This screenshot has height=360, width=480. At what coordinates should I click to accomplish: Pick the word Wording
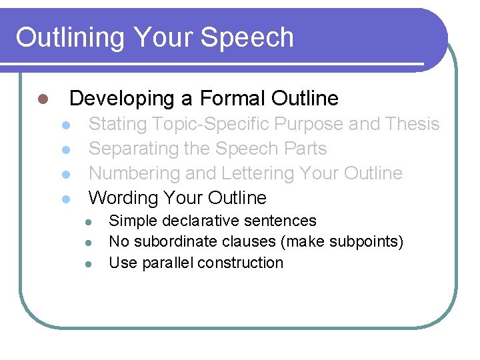click(x=121, y=198)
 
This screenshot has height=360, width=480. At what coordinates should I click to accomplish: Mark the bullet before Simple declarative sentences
click(x=87, y=221)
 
